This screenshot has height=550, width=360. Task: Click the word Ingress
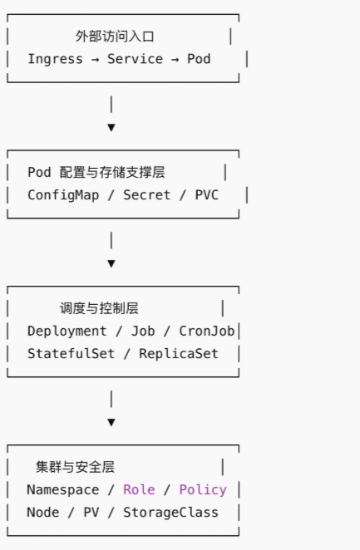[x=55, y=59]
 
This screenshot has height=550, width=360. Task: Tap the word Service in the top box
[x=135, y=59]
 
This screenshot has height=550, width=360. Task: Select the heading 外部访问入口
[x=115, y=37]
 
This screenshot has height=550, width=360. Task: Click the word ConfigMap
[x=63, y=195]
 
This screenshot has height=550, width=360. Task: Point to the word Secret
[x=146, y=195]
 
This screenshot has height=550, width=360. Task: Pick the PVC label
[x=207, y=195]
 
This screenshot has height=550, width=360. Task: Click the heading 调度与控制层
[x=99, y=309]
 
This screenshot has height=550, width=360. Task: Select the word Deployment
[x=67, y=331]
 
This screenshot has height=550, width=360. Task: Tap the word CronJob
[x=207, y=331]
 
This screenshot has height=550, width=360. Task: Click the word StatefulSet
[x=71, y=354]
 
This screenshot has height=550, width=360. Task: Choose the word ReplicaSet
[x=179, y=354]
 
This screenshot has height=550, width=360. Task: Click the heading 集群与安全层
[x=75, y=467]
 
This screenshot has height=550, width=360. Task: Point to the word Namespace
[x=63, y=490]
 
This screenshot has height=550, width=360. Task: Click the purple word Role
[x=139, y=489]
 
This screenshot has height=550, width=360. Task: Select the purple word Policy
[x=203, y=490]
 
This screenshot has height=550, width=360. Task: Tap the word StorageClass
[x=170, y=513]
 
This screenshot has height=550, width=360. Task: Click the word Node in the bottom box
[x=42, y=513]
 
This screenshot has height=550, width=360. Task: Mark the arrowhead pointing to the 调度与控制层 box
[x=111, y=263]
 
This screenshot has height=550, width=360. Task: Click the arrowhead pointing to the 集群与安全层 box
[x=111, y=422]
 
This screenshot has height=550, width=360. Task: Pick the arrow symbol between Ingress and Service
[x=95, y=60]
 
